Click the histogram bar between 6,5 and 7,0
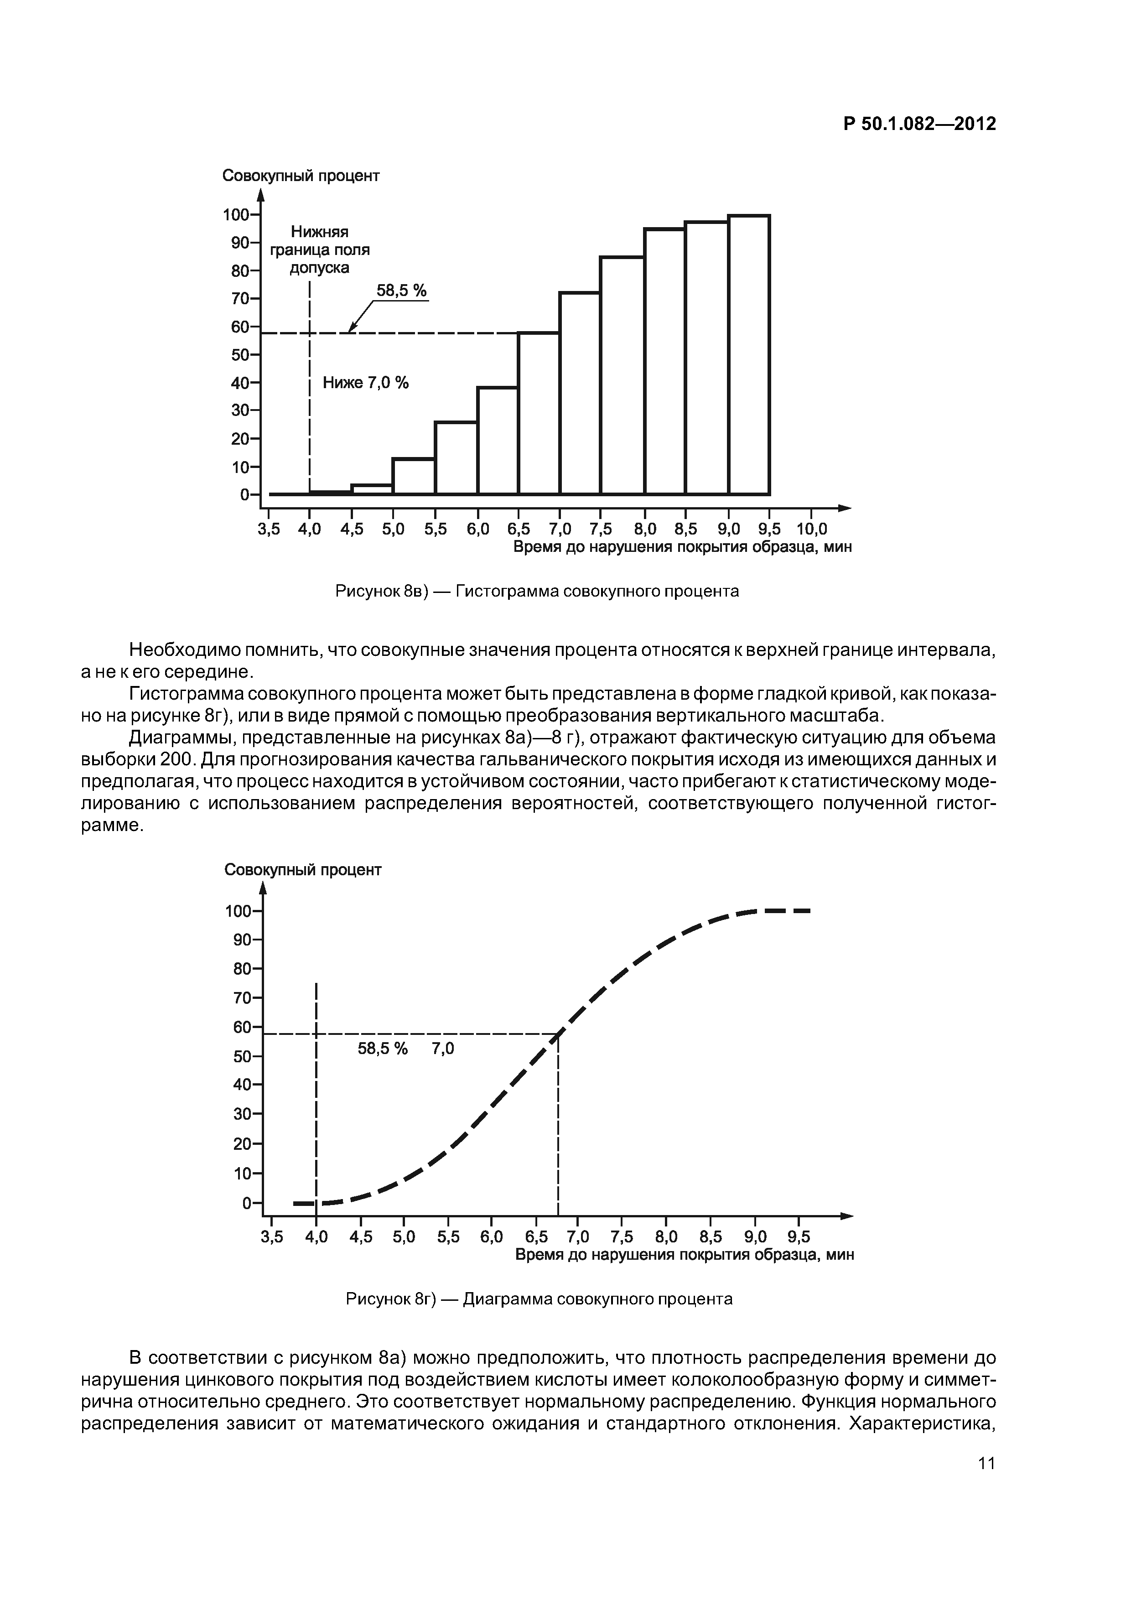point(539,414)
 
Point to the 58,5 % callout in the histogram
point(401,291)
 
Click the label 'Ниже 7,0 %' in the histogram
point(366,383)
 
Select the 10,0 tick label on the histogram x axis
point(812,530)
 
